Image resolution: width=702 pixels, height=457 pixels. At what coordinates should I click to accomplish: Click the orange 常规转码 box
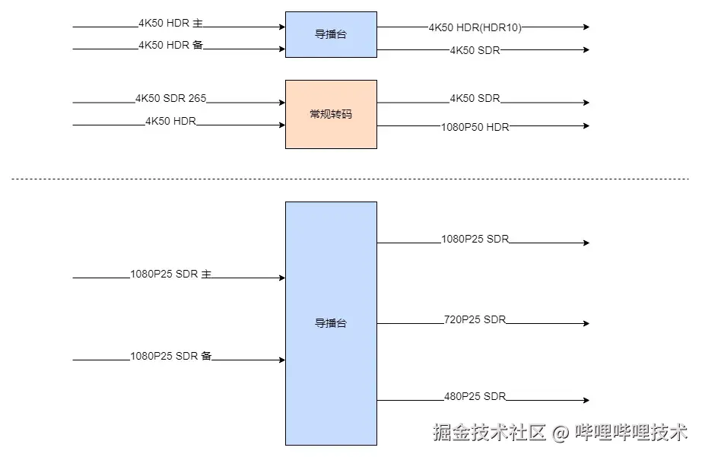coord(331,114)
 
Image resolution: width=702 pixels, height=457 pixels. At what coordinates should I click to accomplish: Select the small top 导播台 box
coord(331,34)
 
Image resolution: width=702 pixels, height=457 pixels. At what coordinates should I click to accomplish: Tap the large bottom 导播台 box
coord(331,323)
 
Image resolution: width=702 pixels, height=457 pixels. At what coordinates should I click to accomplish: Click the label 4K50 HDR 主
coord(170,24)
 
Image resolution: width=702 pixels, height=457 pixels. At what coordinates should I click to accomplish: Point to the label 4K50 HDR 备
coord(170,46)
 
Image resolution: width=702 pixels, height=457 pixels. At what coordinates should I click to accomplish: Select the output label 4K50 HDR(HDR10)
coord(475,27)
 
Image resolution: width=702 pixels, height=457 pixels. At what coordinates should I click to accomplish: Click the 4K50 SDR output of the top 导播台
coord(475,50)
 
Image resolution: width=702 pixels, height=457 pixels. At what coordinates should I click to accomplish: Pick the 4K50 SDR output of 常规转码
coord(475,99)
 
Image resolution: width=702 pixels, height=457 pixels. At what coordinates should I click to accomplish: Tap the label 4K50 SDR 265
coord(170,99)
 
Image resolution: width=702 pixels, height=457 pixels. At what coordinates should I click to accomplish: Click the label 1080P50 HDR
coord(475,127)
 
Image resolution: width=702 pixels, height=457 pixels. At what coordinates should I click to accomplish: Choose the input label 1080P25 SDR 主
coord(170,275)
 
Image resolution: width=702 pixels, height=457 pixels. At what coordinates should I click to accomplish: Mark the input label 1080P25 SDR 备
coord(170,356)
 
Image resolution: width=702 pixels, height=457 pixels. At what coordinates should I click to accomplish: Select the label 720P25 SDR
coord(475,319)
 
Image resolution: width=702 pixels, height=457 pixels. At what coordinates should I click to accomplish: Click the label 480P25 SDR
coord(475,396)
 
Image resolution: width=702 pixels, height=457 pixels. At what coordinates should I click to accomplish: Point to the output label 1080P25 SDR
coord(475,240)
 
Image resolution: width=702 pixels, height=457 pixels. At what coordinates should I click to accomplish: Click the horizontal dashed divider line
coord(350,179)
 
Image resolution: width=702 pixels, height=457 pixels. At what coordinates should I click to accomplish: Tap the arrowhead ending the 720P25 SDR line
coord(586,324)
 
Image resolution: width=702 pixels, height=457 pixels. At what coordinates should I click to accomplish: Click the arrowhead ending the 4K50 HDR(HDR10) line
coord(586,27)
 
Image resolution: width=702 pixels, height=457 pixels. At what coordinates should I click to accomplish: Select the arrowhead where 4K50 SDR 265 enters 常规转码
coord(281,103)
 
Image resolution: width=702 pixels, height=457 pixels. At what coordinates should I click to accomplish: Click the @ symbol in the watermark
coord(560,433)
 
